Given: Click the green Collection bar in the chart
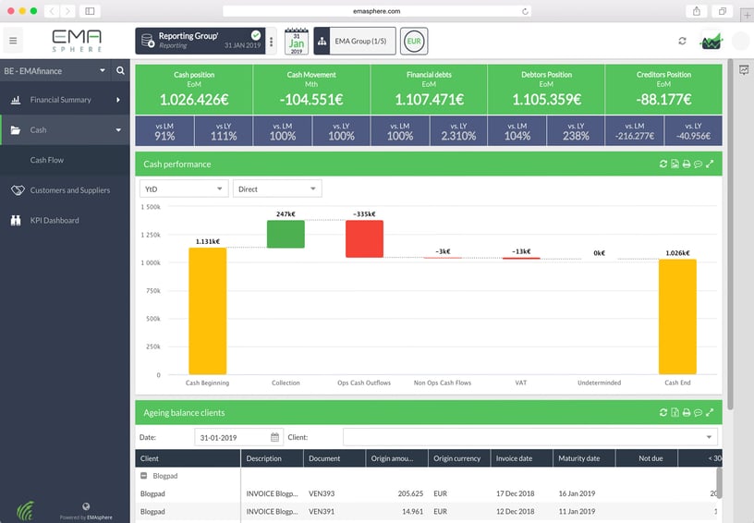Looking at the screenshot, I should click(286, 234).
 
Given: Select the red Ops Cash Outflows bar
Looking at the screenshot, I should click(364, 238).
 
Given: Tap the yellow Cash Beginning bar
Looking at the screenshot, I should click(207, 310).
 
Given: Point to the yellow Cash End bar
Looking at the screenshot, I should click(677, 316).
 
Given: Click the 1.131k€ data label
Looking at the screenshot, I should click(208, 241).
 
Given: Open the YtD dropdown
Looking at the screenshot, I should click(183, 189).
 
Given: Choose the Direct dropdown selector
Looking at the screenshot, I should click(276, 189).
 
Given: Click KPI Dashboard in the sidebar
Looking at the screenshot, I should click(54, 221).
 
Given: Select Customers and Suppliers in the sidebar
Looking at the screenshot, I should click(69, 190).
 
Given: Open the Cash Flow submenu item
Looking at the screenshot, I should click(46, 160).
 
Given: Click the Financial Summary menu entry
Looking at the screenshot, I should click(61, 100).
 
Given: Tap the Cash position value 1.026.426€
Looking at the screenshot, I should click(194, 99).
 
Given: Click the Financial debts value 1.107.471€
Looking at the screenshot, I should click(429, 99).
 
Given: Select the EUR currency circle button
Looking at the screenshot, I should click(415, 41).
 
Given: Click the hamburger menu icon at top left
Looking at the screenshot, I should click(13, 41).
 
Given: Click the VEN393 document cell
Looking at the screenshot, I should click(321, 493).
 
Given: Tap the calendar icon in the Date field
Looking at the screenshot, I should click(274, 437).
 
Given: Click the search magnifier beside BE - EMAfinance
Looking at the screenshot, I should click(120, 70).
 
